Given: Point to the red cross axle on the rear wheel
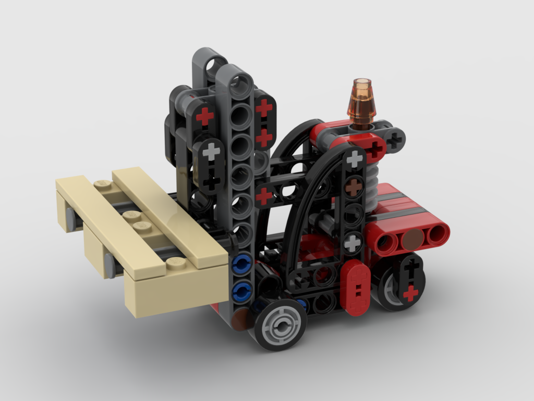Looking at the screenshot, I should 411,293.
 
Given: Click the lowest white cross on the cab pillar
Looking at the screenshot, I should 353,242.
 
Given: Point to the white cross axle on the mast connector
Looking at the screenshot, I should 211,152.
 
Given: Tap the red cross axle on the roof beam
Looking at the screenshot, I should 374,149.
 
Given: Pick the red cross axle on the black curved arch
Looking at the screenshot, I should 264,196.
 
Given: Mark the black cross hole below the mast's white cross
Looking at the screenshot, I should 211,181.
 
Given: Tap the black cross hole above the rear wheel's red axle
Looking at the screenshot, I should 411,269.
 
